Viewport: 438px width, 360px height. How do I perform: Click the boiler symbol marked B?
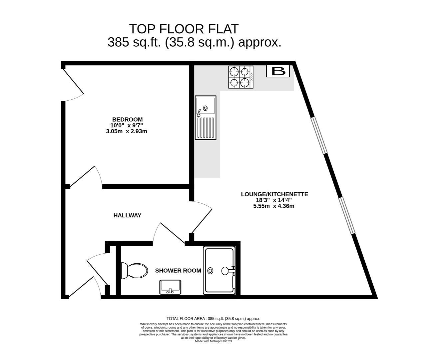[x=278, y=71]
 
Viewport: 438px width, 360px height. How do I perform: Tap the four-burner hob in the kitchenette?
[x=240, y=77]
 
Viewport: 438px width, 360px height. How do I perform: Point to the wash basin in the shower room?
[x=170, y=287]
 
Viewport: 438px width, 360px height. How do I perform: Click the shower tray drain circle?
[x=210, y=270]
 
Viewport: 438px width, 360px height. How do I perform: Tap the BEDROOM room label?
[x=127, y=119]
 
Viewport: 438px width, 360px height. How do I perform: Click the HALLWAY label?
[x=127, y=215]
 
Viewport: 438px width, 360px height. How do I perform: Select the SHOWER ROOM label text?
[x=178, y=270]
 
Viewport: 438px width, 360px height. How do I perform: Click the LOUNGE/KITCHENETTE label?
[x=274, y=194]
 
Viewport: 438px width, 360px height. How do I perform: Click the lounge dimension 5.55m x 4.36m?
[x=274, y=206]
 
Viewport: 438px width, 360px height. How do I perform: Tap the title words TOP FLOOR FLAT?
[x=184, y=29]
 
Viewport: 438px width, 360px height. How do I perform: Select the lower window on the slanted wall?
[x=347, y=215]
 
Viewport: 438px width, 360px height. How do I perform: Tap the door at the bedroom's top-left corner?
[x=73, y=84]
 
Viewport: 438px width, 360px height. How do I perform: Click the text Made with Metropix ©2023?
[x=213, y=341]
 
